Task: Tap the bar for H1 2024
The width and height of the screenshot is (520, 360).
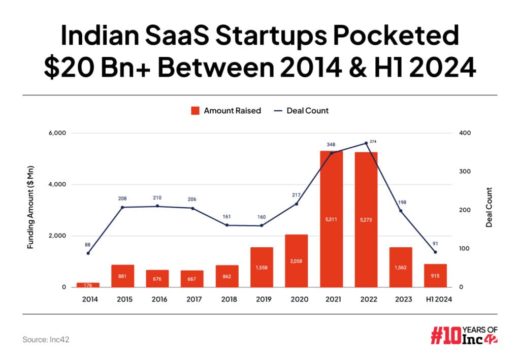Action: point(435,275)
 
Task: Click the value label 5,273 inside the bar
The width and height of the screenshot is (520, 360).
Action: point(366,220)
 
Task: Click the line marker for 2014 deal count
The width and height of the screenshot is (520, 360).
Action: point(88,253)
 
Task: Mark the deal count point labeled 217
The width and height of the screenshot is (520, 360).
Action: point(297,204)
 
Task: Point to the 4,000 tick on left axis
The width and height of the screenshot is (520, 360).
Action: point(56,184)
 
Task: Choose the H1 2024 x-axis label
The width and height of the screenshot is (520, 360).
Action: point(435,299)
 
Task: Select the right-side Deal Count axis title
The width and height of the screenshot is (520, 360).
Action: point(489,207)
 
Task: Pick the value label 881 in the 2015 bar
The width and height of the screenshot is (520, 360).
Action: point(122,277)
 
